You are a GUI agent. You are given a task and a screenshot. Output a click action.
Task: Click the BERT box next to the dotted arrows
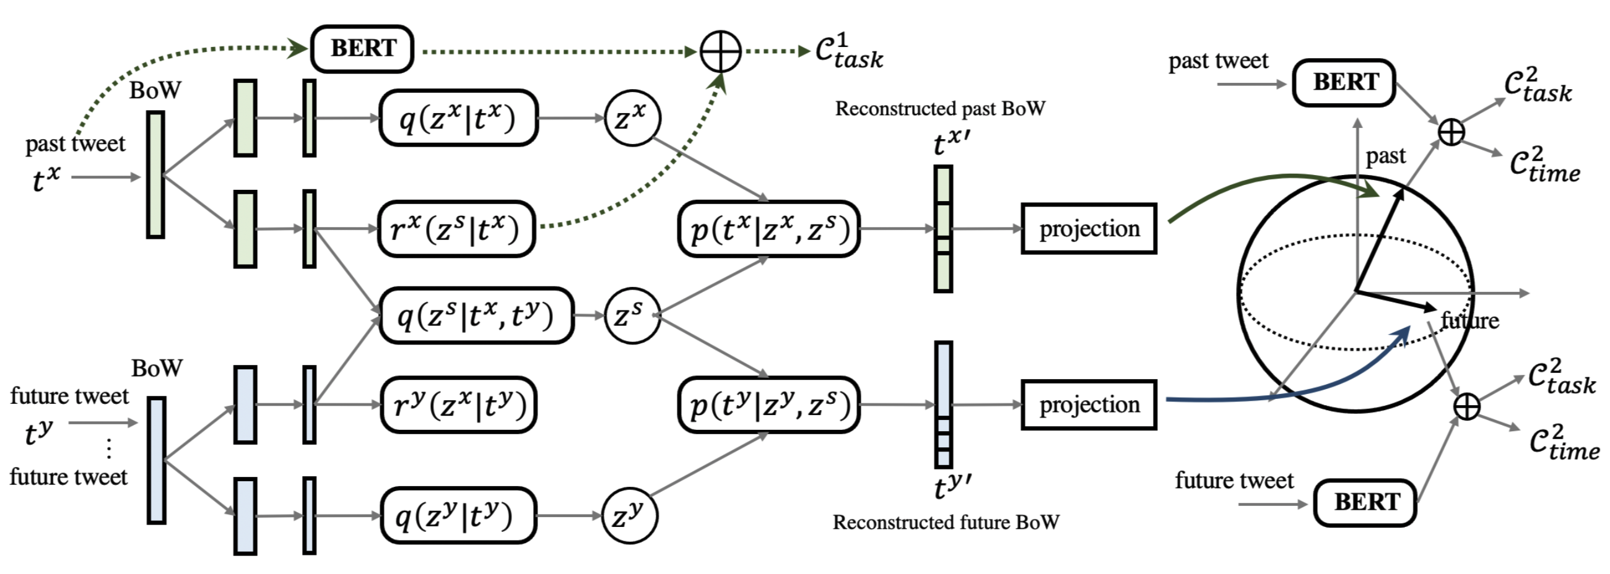coord(362,49)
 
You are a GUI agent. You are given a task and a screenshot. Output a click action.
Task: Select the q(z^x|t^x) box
coord(458,118)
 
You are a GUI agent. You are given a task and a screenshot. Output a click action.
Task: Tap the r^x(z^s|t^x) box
coord(457,229)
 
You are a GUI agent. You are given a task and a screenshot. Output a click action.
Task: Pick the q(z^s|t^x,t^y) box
coord(476,315)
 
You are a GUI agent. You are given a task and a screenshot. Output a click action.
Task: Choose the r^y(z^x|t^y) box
coord(459,405)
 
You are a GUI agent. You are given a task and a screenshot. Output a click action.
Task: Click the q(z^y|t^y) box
coord(458,516)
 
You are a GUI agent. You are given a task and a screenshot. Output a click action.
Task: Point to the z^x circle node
coord(632,118)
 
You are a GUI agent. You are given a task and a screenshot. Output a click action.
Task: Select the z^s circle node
coord(632,315)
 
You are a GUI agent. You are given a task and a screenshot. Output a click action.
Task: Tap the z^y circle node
coord(629,516)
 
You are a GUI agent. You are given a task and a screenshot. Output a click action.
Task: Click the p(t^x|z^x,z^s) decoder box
coord(769,229)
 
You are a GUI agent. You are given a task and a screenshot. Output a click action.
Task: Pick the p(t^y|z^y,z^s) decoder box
coord(769,405)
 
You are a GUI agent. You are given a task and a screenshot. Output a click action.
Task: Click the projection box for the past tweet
coord(1089,229)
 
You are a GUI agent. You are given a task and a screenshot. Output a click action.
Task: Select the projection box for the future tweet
coord(1089,405)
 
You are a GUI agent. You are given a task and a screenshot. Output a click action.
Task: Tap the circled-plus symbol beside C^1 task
coord(720,51)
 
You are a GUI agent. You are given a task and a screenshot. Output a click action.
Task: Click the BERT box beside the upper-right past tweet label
coord(1344,82)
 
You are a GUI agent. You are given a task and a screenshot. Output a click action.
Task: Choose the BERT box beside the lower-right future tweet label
coord(1365,502)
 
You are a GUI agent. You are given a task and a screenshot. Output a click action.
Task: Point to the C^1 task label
coord(849,51)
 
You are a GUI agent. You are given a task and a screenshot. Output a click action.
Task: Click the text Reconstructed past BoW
coord(940,109)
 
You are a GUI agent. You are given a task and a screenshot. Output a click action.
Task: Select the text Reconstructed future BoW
coord(946,522)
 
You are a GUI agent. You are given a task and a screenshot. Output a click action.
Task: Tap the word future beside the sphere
coord(1469,321)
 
